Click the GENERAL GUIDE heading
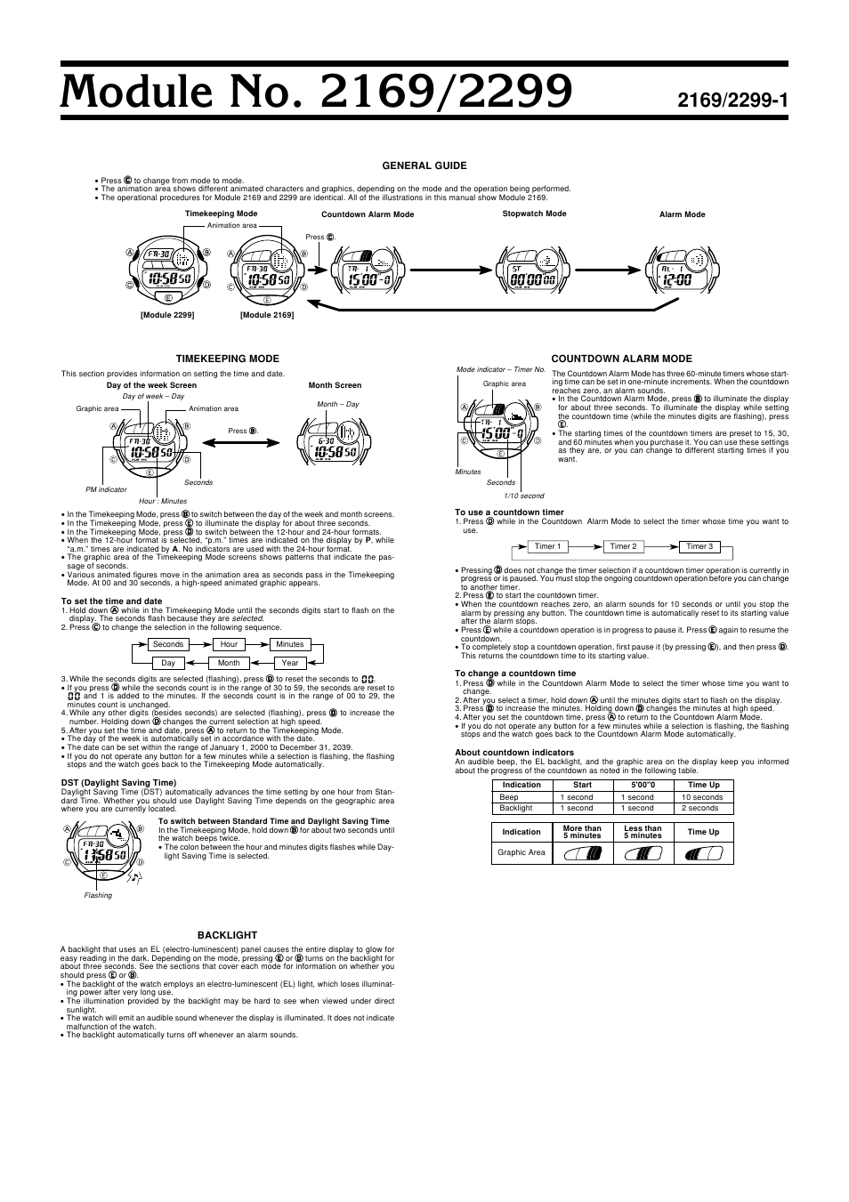424,165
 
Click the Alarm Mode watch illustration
682,269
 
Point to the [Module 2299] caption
166,315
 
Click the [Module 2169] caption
267,315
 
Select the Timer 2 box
623,547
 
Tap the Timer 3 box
699,547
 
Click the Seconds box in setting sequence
167,644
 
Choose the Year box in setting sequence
289,663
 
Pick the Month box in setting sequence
229,663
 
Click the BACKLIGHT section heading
227,935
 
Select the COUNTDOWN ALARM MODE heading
621,359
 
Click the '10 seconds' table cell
702,797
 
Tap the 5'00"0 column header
643,785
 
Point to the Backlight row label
516,808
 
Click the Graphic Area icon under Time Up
703,853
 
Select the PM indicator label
106,489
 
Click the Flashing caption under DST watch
98,895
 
